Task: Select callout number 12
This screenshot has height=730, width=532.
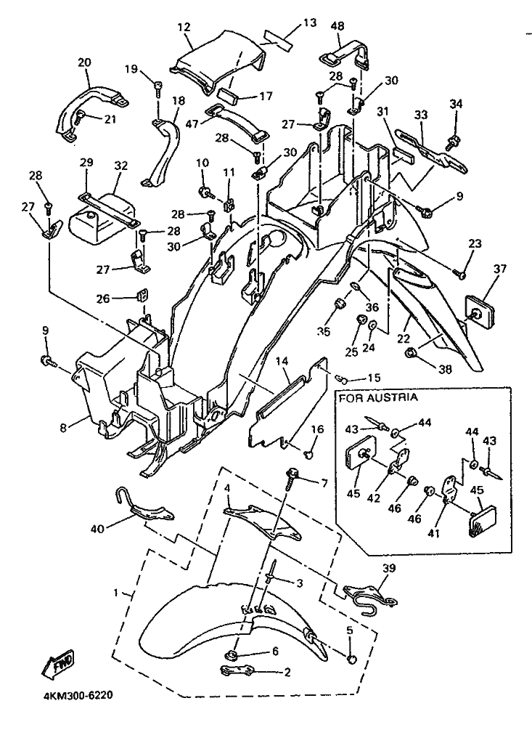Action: tap(183, 28)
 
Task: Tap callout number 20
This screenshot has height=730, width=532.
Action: tap(84, 62)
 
